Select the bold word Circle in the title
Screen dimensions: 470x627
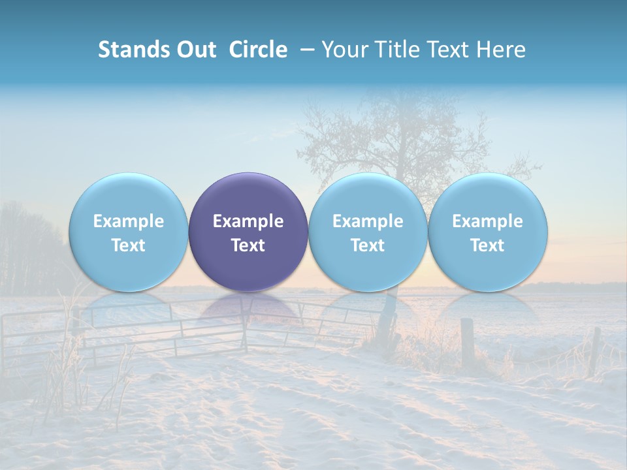point(258,50)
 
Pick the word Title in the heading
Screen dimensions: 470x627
point(398,50)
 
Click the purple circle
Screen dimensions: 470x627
point(248,232)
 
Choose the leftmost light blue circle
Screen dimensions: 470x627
point(129,232)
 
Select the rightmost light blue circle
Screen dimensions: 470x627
point(488,232)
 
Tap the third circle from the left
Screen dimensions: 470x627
point(368,232)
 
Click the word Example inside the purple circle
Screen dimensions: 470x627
point(248,221)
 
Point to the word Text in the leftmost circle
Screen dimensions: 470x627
point(129,245)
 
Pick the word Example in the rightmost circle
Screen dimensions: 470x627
point(488,221)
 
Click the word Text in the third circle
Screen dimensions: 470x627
point(368,245)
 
